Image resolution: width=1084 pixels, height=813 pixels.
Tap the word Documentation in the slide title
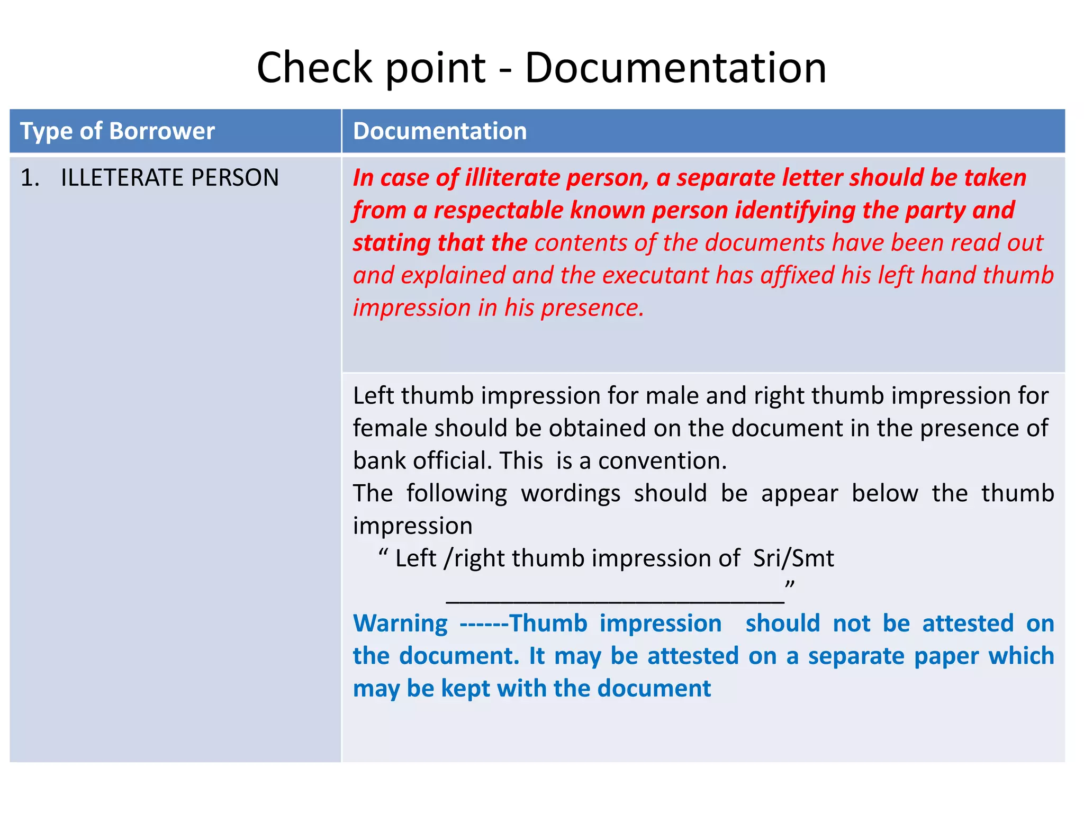pyautogui.click(x=675, y=67)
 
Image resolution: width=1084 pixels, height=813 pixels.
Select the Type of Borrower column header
pyautogui.click(x=117, y=131)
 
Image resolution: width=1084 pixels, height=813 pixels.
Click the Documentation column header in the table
pyautogui.click(x=440, y=131)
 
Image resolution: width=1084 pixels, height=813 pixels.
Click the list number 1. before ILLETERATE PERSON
pyautogui.click(x=30, y=177)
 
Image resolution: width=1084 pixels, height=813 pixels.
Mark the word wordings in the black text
pyautogui.click(x=571, y=493)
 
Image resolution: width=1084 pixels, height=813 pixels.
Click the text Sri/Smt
pyautogui.click(x=793, y=558)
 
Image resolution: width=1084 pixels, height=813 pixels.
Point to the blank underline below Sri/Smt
pyautogui.click(x=615, y=600)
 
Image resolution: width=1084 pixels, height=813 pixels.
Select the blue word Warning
pyautogui.click(x=400, y=624)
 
